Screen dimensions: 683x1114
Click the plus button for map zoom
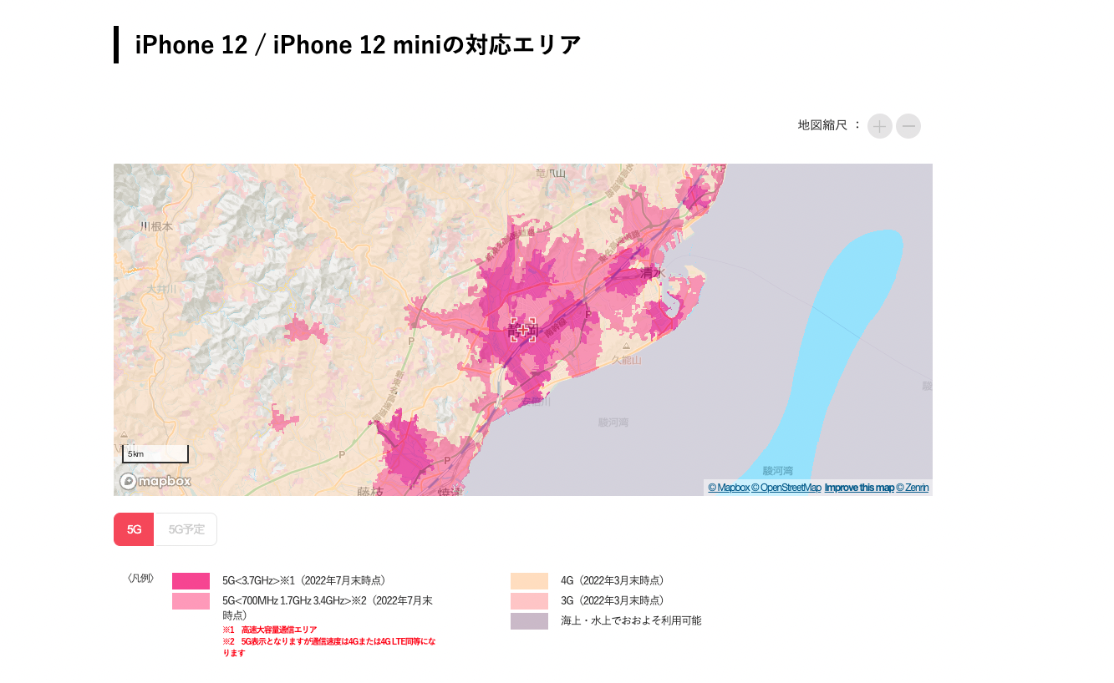click(880, 126)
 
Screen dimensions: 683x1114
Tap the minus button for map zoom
click(908, 126)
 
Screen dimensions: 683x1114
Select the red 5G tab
click(134, 529)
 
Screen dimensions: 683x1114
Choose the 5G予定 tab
click(186, 529)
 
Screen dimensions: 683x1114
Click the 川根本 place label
click(156, 226)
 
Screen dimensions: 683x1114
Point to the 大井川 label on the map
click(162, 289)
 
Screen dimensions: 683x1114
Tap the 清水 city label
click(652, 273)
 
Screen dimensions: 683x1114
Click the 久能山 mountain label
click(626, 360)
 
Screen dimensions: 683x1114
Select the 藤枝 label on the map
click(369, 492)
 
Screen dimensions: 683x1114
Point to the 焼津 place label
click(450, 492)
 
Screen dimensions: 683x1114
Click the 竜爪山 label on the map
click(551, 173)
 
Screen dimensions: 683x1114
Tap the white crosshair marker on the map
click(523, 330)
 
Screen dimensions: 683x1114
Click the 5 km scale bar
click(155, 454)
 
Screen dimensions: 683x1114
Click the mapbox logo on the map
click(155, 482)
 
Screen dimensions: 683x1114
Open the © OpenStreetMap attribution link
click(786, 488)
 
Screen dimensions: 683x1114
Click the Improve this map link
click(858, 488)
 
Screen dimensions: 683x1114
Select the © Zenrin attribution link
click(912, 488)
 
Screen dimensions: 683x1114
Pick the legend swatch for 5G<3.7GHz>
click(191, 581)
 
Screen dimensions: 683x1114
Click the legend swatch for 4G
click(529, 581)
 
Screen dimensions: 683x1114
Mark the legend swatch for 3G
click(529, 601)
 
